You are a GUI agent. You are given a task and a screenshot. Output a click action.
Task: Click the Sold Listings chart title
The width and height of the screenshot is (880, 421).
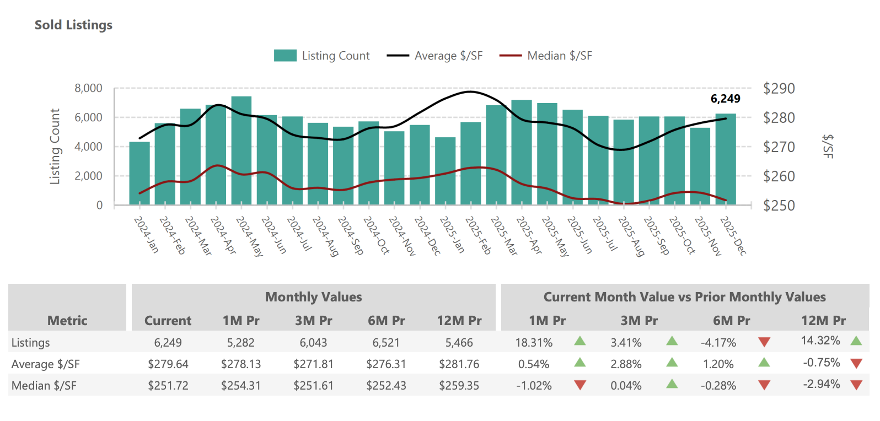(73, 25)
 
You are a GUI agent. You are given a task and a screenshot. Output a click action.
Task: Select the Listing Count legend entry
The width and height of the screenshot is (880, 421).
(322, 56)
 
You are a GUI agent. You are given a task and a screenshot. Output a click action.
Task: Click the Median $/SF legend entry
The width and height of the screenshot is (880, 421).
(546, 56)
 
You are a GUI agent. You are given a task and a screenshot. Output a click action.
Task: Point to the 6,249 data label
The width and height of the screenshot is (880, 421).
(725, 99)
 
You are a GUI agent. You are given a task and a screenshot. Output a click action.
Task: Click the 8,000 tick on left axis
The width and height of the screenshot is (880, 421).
(89, 88)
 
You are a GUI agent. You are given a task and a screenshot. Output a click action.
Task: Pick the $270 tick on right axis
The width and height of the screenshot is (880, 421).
(779, 147)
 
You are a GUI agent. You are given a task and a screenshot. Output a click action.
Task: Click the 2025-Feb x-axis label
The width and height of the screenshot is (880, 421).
(478, 235)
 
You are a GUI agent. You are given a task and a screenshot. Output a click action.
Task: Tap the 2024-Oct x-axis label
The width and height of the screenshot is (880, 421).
(376, 235)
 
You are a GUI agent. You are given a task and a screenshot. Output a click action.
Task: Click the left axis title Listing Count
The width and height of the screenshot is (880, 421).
(55, 147)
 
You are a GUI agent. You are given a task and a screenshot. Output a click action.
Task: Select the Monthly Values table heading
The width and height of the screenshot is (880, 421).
(313, 297)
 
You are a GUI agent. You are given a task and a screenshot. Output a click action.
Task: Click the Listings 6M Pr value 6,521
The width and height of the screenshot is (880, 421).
(386, 343)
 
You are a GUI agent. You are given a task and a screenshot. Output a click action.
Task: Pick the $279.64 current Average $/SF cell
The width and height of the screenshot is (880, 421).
(168, 364)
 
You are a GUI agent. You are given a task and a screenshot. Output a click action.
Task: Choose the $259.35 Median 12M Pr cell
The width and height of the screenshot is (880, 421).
(459, 386)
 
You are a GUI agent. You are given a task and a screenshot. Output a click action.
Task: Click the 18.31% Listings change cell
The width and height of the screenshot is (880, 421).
(534, 343)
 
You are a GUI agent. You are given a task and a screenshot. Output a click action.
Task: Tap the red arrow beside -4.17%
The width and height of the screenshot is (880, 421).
(764, 342)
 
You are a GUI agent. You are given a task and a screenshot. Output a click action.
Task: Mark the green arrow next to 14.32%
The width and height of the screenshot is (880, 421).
(856, 341)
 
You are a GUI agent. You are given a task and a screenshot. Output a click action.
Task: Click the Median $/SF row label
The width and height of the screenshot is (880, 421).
(44, 386)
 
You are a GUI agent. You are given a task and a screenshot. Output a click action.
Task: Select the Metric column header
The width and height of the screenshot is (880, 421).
(67, 321)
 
